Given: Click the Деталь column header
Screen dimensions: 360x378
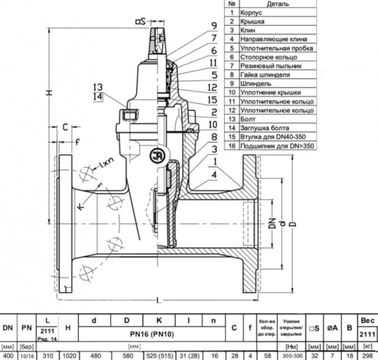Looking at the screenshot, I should click(278, 3).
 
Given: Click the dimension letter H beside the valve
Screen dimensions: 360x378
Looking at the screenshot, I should click(49, 93).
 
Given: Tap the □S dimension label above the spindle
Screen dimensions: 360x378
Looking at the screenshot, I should click(140, 22).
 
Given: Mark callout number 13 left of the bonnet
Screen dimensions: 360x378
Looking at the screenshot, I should click(97, 87).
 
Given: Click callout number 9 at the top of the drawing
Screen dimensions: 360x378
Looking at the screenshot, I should click(199, 25).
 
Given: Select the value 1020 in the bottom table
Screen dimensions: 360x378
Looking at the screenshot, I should click(69, 356).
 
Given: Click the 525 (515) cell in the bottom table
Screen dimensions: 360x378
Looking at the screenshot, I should click(158, 356).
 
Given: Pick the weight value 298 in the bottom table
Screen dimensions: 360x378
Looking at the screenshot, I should click(368, 356).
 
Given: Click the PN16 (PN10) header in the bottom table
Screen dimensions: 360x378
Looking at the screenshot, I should click(153, 335).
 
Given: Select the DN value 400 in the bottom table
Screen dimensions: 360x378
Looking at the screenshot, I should click(8, 356).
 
